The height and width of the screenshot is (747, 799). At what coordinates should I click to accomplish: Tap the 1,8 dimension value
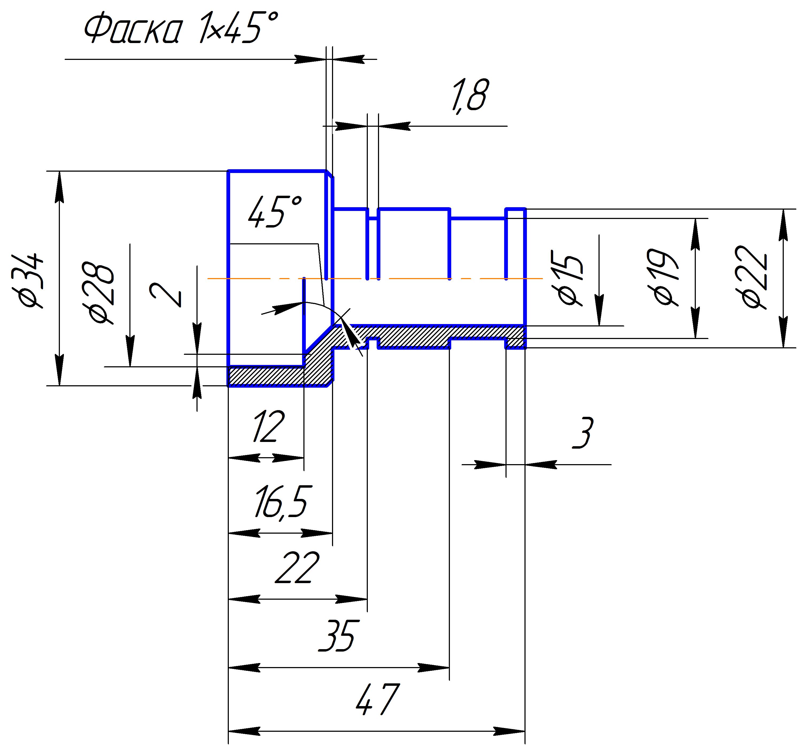[470, 97]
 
